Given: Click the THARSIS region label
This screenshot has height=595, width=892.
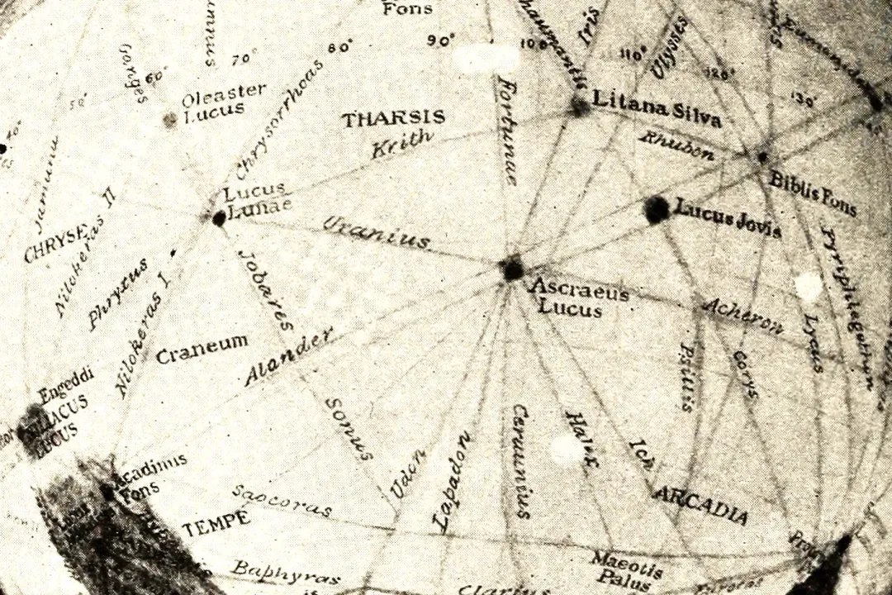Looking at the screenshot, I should pos(394,118).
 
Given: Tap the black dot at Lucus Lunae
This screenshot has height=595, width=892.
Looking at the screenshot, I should pos(219,219).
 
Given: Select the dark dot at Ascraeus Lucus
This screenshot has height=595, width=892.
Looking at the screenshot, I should pos(512,269).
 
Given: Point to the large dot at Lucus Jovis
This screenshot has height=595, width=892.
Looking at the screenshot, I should pos(657,209).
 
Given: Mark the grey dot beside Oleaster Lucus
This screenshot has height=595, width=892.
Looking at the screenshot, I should pos(170,120).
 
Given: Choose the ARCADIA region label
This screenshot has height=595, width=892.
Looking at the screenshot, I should pos(700,504).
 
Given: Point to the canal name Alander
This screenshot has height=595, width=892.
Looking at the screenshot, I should pos(289,356).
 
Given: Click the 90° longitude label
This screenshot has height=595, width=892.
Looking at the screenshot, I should pos(443,40).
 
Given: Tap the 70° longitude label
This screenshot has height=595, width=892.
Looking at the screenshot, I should pos(244,59).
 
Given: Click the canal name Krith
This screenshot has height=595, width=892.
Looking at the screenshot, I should pos(401,145).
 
